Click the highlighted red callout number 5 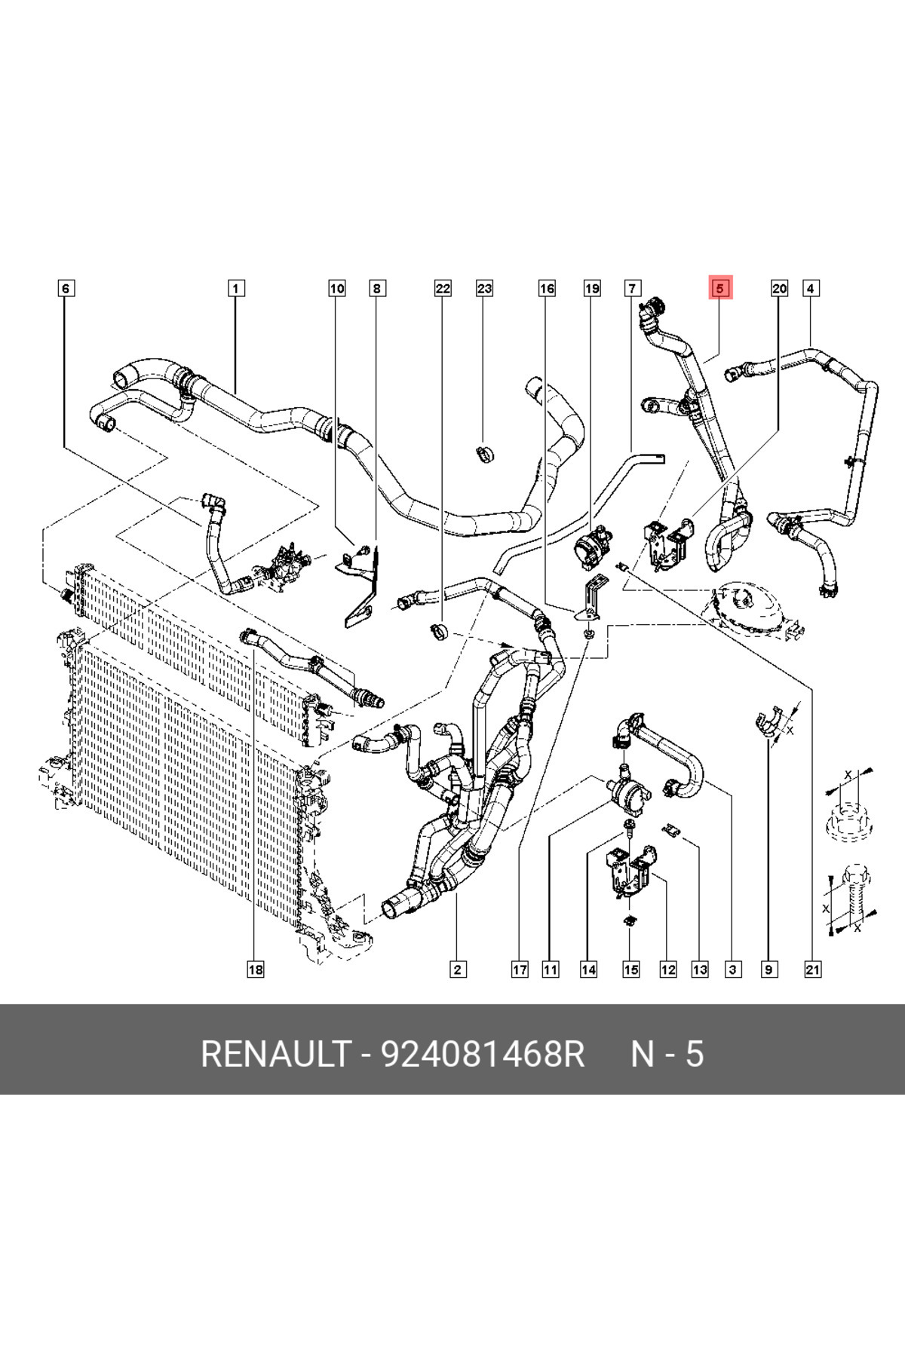(719, 288)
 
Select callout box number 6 (66, 288)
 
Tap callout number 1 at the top (235, 288)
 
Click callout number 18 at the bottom (256, 970)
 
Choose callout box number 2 (457, 970)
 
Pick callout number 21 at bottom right (812, 970)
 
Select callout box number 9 (768, 970)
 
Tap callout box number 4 (810, 288)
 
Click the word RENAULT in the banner (275, 1054)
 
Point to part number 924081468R (483, 1054)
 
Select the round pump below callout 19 (592, 544)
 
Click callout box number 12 (667, 970)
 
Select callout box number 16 (547, 288)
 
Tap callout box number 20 (779, 288)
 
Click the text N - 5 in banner (667, 1054)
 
